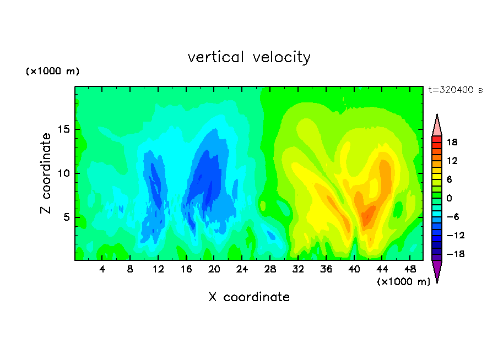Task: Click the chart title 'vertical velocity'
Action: [249, 57]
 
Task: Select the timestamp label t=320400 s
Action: [456, 90]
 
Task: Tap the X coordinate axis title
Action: [249, 297]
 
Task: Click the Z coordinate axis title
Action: [46, 173]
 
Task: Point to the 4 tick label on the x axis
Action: [102, 269]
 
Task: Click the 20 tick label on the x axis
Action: [214, 269]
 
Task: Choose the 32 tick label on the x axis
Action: [298, 269]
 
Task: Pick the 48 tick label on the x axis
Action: [410, 269]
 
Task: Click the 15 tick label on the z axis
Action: [64, 129]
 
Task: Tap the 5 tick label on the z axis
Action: [67, 217]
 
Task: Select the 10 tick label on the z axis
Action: [64, 173]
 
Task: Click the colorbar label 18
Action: [452, 142]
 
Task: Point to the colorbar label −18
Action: [456, 254]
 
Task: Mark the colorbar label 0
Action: [449, 198]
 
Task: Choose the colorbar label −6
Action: [453, 216]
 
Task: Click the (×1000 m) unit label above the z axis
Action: [52, 71]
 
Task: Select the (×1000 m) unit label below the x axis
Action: [403, 282]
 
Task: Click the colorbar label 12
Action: [452, 161]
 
